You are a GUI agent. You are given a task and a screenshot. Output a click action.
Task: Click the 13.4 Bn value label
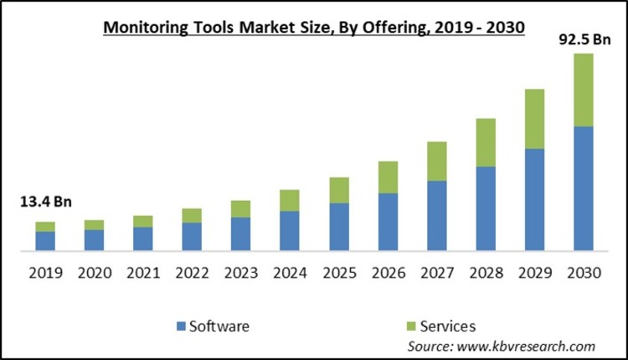point(44,201)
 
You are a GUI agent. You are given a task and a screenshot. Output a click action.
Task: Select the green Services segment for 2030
point(583,90)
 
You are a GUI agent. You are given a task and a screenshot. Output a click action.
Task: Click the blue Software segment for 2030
point(583,188)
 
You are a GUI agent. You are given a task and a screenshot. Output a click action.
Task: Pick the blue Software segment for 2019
point(45,241)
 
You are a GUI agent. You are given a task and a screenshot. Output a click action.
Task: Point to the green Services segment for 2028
point(485,142)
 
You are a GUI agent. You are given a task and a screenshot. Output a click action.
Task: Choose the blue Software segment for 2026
point(388,222)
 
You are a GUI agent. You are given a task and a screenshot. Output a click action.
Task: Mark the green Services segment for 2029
point(534,119)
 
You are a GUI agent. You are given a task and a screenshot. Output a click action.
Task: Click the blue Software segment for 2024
point(290,230)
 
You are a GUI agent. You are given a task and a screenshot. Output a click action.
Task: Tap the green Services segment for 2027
point(436,161)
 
